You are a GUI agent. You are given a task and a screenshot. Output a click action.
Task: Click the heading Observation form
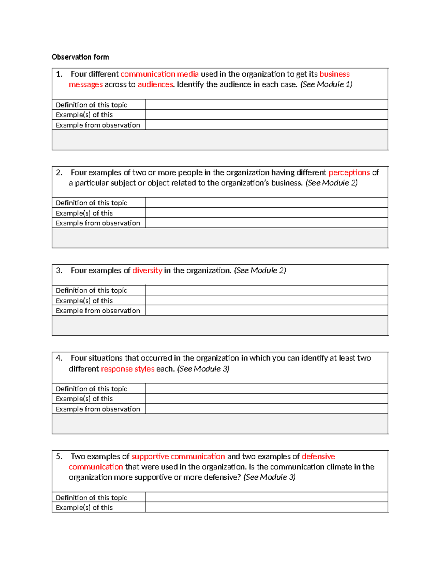(80, 57)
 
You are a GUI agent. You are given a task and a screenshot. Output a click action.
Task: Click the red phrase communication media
(159, 74)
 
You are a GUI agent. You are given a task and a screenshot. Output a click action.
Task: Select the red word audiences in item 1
(155, 84)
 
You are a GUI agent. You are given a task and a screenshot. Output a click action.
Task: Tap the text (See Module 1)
(326, 84)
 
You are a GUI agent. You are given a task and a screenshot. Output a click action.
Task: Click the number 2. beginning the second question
(59, 173)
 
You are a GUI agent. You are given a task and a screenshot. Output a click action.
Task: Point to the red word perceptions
(349, 173)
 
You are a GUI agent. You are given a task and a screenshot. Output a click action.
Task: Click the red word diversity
(147, 271)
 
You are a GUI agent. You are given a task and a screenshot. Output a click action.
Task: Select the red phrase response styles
(128, 369)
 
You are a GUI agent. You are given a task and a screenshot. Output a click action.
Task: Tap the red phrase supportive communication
(178, 457)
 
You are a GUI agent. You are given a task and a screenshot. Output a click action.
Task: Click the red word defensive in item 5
(318, 457)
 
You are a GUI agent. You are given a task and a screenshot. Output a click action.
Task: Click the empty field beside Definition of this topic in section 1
(267, 105)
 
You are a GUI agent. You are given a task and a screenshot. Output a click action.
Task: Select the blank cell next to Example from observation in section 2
(267, 223)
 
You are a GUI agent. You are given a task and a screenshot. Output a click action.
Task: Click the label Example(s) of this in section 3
(84, 301)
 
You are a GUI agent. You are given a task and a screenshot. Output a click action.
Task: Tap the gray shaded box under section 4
(220, 424)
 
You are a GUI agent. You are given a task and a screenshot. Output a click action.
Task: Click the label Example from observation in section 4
(98, 409)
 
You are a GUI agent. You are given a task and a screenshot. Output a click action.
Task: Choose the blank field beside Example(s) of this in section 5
(267, 507)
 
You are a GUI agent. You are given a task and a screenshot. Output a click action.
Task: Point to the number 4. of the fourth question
(59, 358)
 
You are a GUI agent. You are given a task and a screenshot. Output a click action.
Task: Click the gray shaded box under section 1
(220, 140)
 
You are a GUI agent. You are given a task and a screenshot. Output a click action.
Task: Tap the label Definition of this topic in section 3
(91, 290)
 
